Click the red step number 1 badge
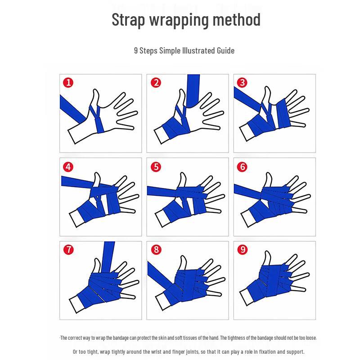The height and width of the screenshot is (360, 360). tap(68, 82)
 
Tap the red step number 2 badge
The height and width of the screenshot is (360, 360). tap(156, 82)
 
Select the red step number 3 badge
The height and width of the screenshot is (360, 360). tap(243, 82)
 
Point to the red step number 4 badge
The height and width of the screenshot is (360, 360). tap(68, 166)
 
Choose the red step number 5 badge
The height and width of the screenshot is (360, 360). tap(156, 166)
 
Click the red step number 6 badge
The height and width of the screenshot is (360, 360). tap(243, 166)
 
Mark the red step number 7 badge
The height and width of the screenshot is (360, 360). tap(68, 250)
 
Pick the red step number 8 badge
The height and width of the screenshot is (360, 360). tap(156, 250)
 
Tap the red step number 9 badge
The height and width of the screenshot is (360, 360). tap(243, 250)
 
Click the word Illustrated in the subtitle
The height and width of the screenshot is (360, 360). tap(199, 50)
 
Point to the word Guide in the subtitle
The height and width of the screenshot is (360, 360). tap(226, 50)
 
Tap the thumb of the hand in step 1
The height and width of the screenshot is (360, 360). tap(95, 97)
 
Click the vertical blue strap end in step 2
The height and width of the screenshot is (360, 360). tap(191, 90)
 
